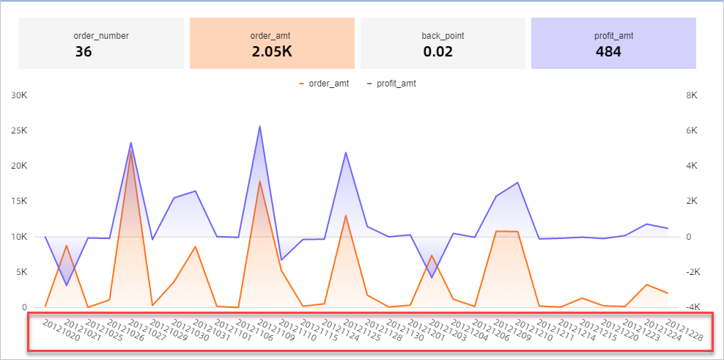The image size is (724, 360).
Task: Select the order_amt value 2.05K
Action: [272, 51]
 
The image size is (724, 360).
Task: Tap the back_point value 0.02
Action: [438, 51]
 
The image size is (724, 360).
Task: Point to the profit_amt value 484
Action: [608, 51]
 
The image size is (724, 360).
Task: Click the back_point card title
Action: [443, 35]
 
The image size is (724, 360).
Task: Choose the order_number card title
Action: [101, 35]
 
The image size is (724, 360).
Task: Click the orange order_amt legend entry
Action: [325, 84]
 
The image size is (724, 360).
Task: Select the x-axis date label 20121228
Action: [679, 330]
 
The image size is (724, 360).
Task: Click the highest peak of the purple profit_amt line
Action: [259, 126]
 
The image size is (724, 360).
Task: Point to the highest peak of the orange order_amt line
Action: [130, 151]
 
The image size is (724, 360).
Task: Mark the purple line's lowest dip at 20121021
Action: [67, 285]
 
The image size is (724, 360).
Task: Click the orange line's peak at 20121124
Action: [345, 216]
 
